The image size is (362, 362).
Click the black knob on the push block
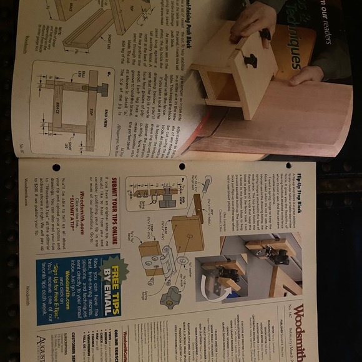(x=250, y=61)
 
